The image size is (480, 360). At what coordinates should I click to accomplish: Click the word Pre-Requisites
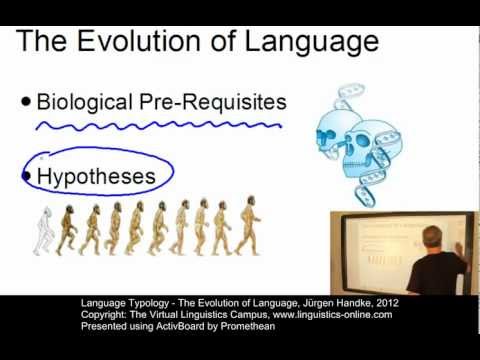[x=219, y=101]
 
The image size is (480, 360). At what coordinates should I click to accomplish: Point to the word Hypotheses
[x=96, y=177]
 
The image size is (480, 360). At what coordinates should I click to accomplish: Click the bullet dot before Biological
[x=26, y=102]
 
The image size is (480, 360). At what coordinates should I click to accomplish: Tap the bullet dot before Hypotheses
[x=27, y=177]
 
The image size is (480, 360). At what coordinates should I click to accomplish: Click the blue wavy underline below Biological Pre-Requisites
[x=150, y=127]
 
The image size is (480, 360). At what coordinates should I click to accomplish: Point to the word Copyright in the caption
[x=104, y=314]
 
